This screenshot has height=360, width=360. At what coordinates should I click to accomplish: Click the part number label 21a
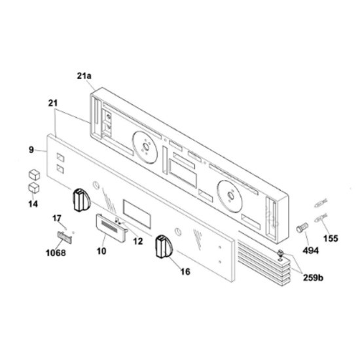point(84,76)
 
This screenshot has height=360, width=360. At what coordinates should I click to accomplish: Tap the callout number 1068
point(56,253)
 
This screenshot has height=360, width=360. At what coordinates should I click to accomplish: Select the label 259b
point(313,278)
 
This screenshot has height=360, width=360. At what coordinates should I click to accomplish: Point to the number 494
point(311,251)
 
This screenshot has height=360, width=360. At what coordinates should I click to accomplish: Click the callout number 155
point(331,238)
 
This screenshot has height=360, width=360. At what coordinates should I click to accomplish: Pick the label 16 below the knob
point(185,272)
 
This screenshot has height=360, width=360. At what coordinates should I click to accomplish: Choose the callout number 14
point(33,204)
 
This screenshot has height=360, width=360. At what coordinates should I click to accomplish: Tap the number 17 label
point(57,218)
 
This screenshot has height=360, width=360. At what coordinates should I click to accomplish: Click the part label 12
point(138,241)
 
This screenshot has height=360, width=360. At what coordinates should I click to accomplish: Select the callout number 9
point(31,150)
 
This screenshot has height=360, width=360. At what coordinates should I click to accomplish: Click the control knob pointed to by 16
point(164,246)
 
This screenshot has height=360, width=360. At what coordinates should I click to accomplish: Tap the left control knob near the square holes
point(82,200)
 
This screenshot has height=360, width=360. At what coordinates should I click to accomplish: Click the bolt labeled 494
point(302,228)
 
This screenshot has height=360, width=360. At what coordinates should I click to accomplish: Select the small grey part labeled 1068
point(65,237)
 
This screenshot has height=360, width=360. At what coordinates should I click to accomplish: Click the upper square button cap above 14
point(34,175)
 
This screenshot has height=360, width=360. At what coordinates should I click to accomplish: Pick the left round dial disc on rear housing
point(145,147)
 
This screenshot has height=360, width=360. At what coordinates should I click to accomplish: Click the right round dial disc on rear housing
point(230,196)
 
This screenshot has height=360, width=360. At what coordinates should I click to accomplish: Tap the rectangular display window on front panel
point(137,213)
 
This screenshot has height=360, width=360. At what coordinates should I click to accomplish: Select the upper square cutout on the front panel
point(60,158)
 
